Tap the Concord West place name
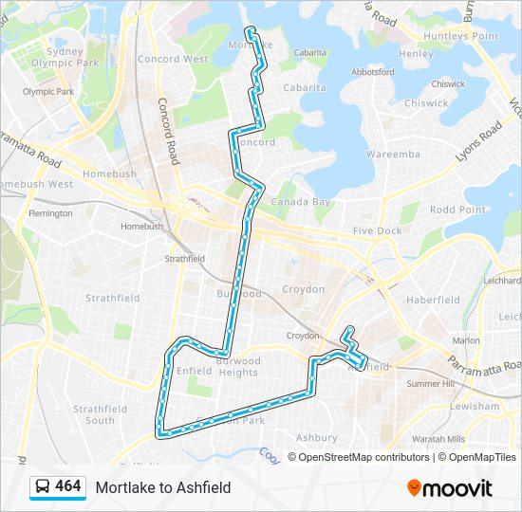(172, 59)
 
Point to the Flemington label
(50, 213)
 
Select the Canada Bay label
(301, 202)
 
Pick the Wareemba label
(393, 154)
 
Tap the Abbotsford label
(373, 71)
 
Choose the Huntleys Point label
(462, 36)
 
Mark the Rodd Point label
(457, 210)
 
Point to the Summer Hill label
(430, 384)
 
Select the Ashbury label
(316, 438)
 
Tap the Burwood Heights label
(238, 367)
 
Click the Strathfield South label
(99, 414)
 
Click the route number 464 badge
(67, 486)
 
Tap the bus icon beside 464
(43, 487)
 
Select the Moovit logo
(450, 488)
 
